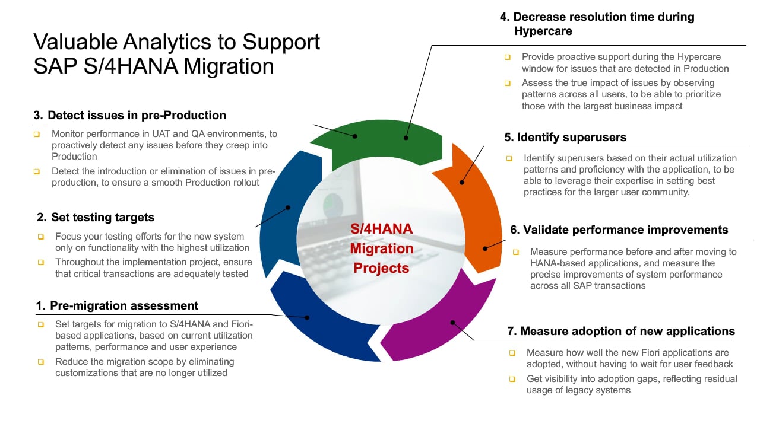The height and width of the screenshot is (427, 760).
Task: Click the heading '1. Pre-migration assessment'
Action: [117, 305]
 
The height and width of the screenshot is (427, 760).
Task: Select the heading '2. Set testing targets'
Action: [96, 217]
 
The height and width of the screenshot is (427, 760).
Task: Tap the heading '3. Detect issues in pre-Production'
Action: [129, 115]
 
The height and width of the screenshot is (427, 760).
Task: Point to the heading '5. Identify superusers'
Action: [565, 137]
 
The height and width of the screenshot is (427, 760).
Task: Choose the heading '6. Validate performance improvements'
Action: [619, 230]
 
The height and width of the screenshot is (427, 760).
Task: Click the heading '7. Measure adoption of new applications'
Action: [621, 331]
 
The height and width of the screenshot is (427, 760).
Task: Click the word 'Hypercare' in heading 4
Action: [543, 31]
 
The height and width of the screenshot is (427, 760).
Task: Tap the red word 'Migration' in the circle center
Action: [382, 248]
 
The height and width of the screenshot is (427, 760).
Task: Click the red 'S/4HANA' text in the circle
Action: [382, 229]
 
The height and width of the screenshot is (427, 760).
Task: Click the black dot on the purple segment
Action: [452, 323]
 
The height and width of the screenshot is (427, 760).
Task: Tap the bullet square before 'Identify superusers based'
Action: [509, 158]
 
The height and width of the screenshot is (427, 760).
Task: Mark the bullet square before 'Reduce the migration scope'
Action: [41, 362]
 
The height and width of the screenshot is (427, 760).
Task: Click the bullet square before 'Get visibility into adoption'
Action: [512, 379]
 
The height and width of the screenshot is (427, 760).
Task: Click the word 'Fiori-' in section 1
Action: [242, 324]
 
